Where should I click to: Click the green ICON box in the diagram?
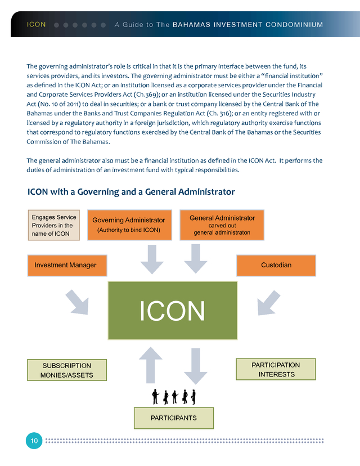[172, 310]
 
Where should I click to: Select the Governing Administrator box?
[129, 225]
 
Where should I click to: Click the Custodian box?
[276, 265]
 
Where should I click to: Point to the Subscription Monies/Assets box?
[67, 370]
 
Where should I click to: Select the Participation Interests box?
[276, 369]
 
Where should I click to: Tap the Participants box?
[173, 418]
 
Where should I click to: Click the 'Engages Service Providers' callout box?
[54, 225]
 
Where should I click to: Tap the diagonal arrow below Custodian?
[268, 303]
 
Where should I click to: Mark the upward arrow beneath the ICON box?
[151, 364]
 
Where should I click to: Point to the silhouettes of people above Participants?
[174, 396]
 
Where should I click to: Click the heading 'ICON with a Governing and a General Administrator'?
[131, 192]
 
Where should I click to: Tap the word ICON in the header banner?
[37, 25]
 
